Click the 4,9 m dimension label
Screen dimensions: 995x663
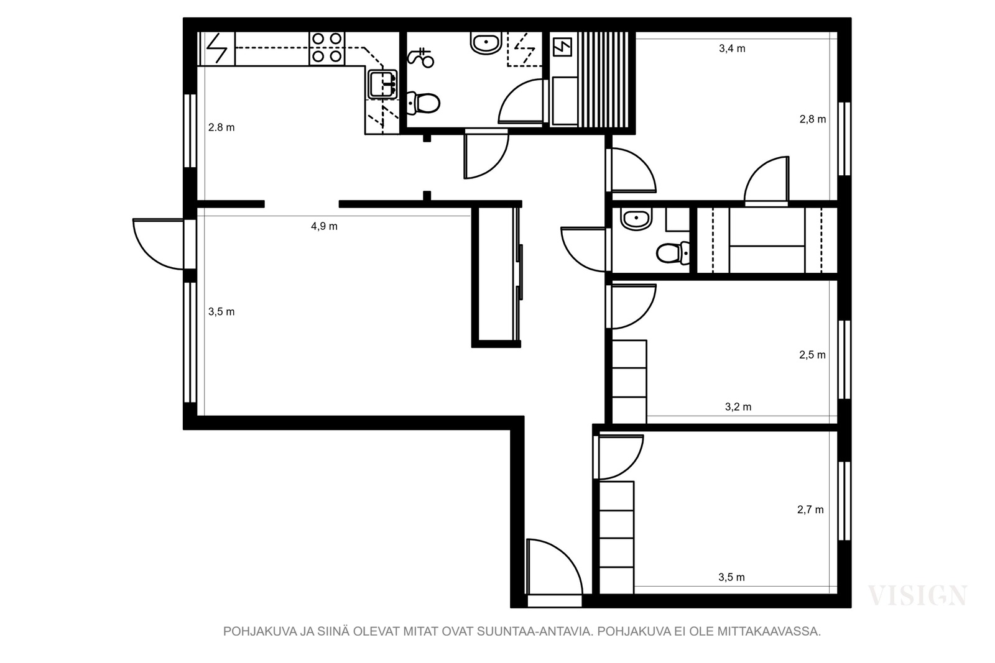[x=324, y=226]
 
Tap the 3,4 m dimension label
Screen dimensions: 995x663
[x=732, y=48]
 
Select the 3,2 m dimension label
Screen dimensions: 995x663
[x=738, y=406]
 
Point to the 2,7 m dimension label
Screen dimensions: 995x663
[x=810, y=510]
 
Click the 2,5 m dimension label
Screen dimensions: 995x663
[x=812, y=355]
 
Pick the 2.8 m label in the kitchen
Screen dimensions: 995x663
[x=221, y=127]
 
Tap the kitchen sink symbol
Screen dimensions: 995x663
[x=382, y=84]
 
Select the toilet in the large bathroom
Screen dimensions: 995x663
[x=423, y=103]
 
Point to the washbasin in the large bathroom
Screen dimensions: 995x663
[x=486, y=43]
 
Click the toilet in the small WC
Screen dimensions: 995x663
[x=673, y=253]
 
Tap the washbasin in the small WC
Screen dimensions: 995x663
[x=637, y=220]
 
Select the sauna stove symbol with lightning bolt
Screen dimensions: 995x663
[x=562, y=47]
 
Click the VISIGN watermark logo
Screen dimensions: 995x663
[x=917, y=595]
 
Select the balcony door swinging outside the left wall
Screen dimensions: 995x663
[x=159, y=244]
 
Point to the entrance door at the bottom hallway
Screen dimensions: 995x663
[x=554, y=567]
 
